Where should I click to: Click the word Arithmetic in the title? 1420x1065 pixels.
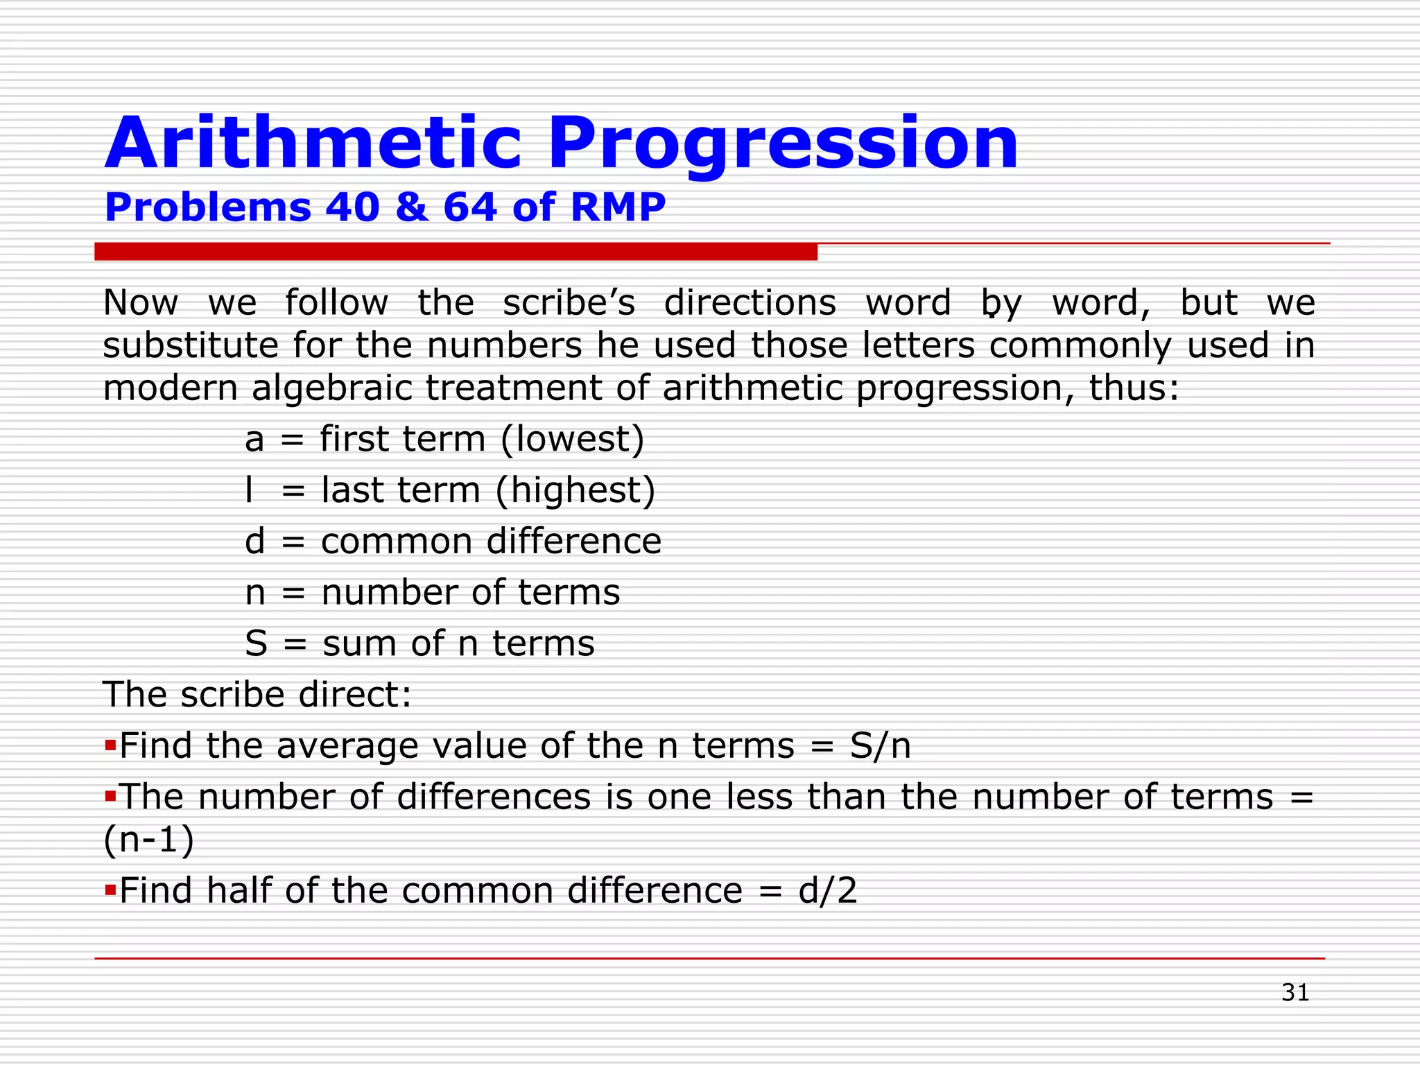coord(313,144)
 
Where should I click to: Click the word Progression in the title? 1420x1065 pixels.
coord(783,144)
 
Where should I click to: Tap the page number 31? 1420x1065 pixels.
coord(1295,992)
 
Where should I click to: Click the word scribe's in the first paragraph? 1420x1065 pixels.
coord(569,303)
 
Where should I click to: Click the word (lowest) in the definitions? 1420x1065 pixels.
coord(572,440)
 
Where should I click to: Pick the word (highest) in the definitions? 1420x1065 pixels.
coord(575,490)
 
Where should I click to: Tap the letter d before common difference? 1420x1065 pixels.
coord(255,541)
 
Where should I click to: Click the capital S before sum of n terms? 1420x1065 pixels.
coord(256,643)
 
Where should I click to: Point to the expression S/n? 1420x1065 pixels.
coord(880,746)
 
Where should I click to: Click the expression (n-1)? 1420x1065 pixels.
coord(148,840)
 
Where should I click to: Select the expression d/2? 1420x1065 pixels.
coord(828,891)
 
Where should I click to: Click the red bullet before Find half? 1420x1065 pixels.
coord(110,889)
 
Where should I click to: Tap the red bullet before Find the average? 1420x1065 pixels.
coord(110,745)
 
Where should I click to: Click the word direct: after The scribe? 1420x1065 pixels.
coord(355,695)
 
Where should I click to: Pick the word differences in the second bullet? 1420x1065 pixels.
coord(494,797)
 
